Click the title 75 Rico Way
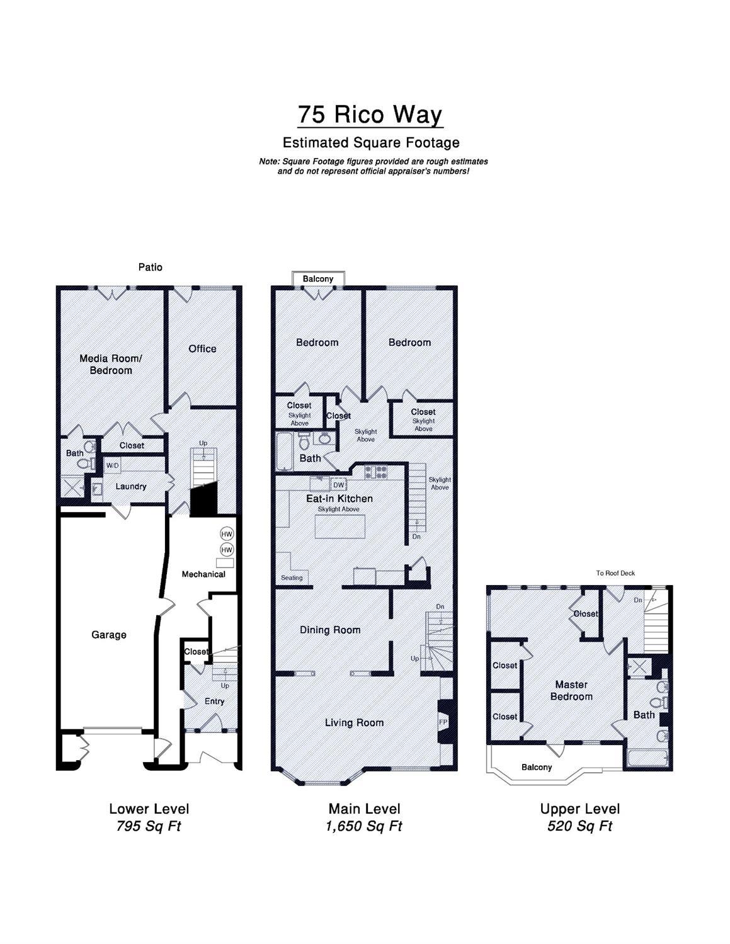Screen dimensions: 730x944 [x=370, y=115]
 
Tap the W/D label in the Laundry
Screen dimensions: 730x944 [x=112, y=465]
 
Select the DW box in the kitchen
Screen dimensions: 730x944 [x=338, y=485]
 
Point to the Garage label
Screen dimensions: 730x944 [x=108, y=635]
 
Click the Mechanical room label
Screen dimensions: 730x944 [x=203, y=574]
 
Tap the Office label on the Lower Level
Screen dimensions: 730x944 [x=202, y=349]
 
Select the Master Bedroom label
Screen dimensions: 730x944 [x=571, y=691]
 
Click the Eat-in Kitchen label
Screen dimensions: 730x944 [x=339, y=498]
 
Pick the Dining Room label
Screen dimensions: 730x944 [x=330, y=630]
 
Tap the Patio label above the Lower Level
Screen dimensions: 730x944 [x=151, y=267]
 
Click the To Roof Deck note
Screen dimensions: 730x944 [x=615, y=574]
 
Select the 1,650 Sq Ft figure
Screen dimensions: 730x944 [x=363, y=826]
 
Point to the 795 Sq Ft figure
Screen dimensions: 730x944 [x=148, y=826]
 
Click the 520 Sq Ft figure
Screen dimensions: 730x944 [x=579, y=826]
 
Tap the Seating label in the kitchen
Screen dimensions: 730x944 [x=292, y=577]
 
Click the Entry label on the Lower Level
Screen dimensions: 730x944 [x=214, y=702]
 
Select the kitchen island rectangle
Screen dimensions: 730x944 [x=339, y=526]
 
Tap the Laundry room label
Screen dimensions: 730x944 [x=131, y=487]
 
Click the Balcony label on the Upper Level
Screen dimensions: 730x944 [x=537, y=768]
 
